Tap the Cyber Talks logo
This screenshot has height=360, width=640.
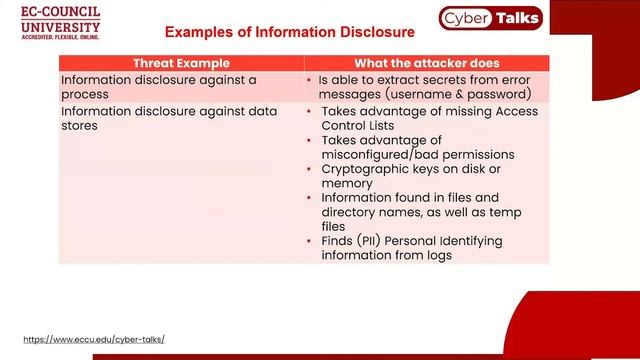(490, 17)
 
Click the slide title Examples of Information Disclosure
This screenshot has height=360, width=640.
(289, 33)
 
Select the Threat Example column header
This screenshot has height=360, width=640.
(181, 63)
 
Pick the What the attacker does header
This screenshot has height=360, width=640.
(427, 63)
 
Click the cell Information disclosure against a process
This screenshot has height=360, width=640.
(159, 86)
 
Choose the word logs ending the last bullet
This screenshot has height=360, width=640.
(437, 255)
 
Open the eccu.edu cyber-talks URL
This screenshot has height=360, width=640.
(93, 339)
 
